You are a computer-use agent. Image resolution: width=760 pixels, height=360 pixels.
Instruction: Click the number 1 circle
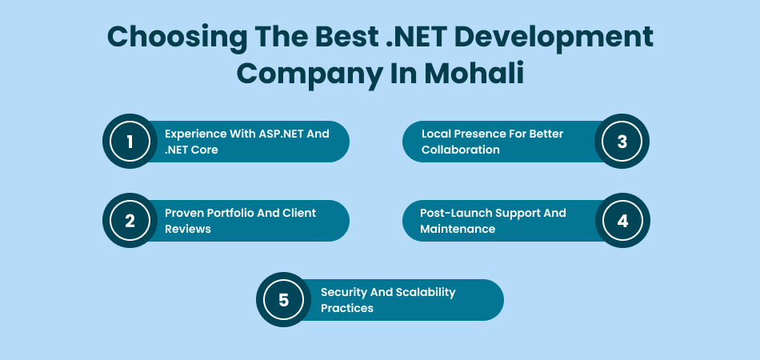pyautogui.click(x=130, y=142)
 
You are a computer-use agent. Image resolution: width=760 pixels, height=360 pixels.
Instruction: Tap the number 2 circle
pyautogui.click(x=130, y=221)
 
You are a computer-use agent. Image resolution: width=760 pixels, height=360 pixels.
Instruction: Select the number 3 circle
pyautogui.click(x=622, y=142)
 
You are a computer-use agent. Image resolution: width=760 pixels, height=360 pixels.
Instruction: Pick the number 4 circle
pyautogui.click(x=622, y=221)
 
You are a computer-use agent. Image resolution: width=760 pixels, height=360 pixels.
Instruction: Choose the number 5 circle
pyautogui.click(x=283, y=300)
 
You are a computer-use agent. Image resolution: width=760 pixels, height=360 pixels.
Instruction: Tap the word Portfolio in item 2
pyautogui.click(x=236, y=213)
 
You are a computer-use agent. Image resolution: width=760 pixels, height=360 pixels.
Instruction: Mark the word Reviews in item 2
pyautogui.click(x=189, y=229)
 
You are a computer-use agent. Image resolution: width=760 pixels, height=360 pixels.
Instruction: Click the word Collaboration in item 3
pyautogui.click(x=460, y=150)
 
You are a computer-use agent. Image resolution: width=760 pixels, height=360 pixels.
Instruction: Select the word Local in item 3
pyautogui.click(x=437, y=134)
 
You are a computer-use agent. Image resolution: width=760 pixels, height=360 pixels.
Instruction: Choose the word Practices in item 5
pyautogui.click(x=347, y=308)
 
